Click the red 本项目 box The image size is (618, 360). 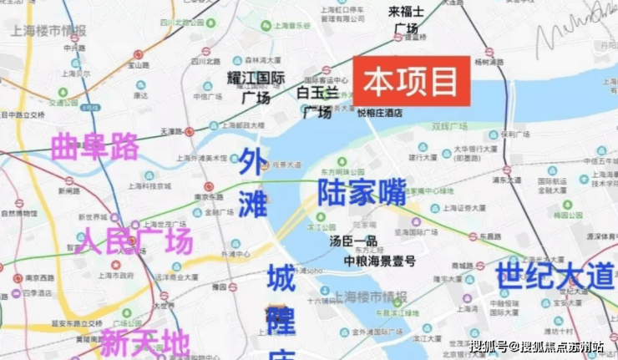click(412, 81)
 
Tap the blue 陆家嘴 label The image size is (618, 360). click(362, 191)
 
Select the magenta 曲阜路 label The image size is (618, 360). click(94, 147)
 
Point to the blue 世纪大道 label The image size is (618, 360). click(554, 276)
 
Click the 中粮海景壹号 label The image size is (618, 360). click(380, 261)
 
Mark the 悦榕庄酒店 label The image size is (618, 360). click(381, 111)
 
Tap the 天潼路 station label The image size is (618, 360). click(170, 131)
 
